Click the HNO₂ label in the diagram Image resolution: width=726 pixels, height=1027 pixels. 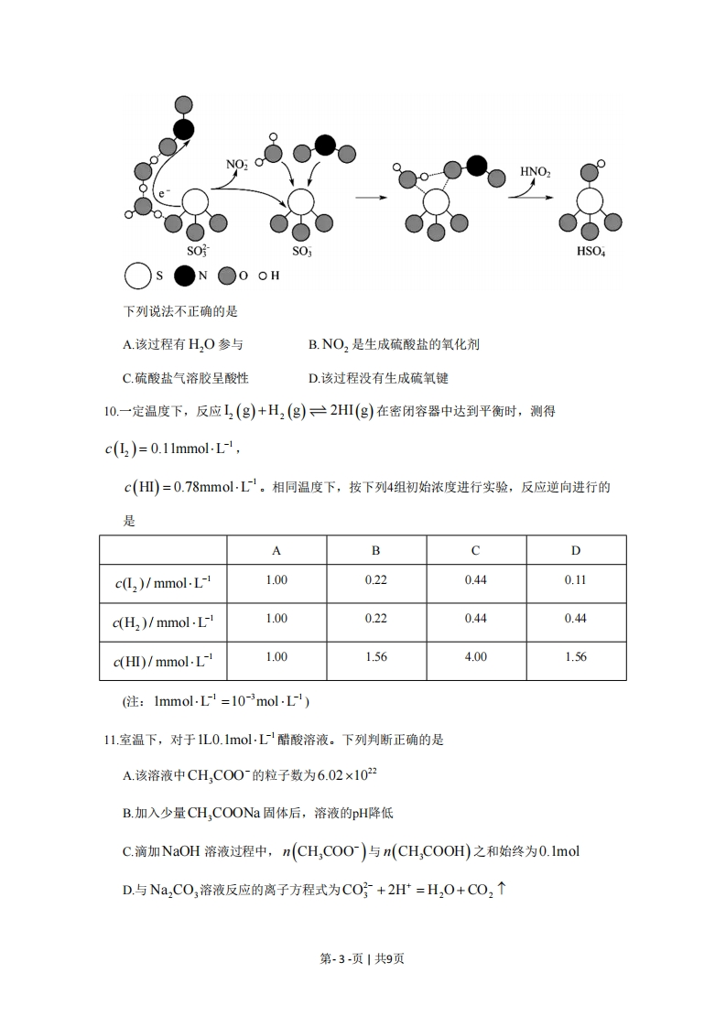[535, 171]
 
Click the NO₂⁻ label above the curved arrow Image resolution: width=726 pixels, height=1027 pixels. [237, 165]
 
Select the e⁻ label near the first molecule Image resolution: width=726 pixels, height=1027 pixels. [164, 194]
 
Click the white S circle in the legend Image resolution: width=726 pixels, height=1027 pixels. [137, 276]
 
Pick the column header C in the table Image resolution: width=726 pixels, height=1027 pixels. [475, 550]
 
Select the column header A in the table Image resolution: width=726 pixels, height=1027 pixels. [276, 550]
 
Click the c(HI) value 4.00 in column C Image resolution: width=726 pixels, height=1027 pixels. [475, 657]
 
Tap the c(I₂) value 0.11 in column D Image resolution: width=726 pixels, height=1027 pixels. [575, 580]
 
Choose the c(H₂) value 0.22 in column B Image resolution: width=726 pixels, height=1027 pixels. [375, 619]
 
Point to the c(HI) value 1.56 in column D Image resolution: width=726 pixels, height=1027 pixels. [575, 657]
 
